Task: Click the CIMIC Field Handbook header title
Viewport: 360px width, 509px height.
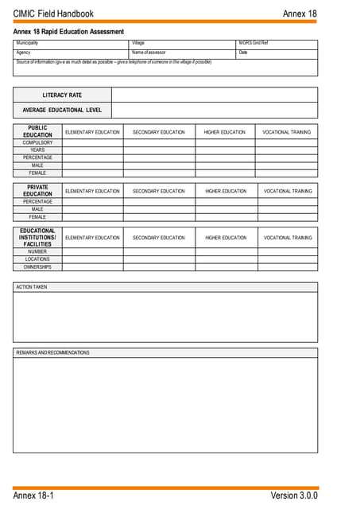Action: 53,14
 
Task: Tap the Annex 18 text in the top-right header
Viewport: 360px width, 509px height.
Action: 300,14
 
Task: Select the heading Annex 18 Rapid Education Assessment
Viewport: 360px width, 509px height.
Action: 68,32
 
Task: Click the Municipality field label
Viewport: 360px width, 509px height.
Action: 27,42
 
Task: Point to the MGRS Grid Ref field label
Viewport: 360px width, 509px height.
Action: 254,42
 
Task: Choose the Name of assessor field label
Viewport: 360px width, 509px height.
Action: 149,52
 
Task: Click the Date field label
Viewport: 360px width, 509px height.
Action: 243,52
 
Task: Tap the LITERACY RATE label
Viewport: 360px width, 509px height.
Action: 62,95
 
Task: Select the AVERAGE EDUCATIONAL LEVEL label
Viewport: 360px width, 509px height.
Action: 62,110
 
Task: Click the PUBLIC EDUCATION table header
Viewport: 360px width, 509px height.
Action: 37,131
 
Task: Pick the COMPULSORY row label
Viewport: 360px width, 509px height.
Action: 37,142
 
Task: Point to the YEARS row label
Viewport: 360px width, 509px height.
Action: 37,150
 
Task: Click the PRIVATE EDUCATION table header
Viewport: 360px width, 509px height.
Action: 37,191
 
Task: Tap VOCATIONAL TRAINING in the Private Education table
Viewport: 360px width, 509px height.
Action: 288,191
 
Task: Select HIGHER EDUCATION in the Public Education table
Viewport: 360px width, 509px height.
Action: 225,131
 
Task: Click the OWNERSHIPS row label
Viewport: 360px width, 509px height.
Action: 37,266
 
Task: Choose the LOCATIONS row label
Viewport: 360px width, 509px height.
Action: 37,259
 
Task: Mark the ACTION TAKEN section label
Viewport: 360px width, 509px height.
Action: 32,287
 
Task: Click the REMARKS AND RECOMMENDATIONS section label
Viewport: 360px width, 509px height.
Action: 52,352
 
